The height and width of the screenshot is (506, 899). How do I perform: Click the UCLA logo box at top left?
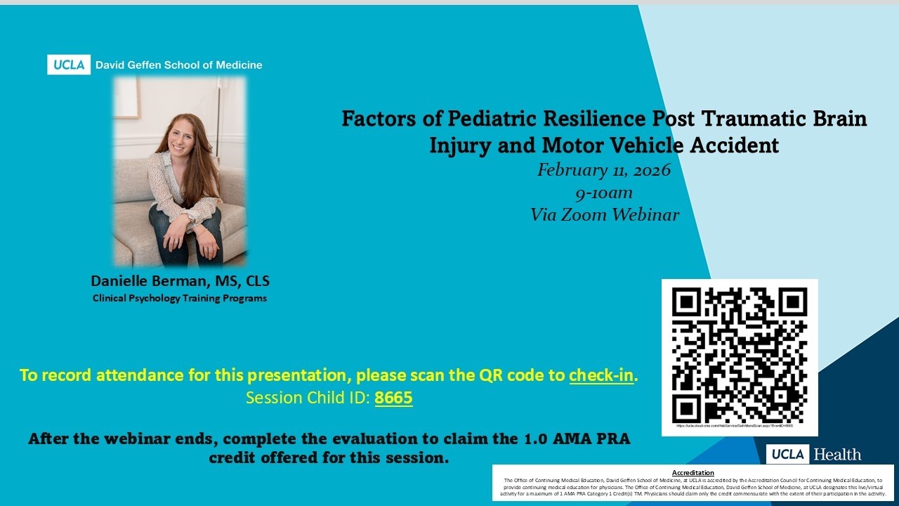[69, 65]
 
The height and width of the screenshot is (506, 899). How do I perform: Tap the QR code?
[740, 355]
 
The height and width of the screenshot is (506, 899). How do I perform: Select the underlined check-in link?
[601, 375]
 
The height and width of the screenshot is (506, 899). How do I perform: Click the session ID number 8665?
[393, 398]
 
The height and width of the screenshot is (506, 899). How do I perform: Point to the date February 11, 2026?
[604, 170]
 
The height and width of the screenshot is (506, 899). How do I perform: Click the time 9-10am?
[604, 193]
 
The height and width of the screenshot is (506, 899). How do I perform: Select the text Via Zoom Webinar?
[605, 215]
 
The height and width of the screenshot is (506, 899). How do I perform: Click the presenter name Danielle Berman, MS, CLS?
[180, 281]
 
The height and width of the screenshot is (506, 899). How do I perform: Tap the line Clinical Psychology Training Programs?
[180, 298]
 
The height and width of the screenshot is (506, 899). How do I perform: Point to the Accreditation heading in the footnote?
[693, 473]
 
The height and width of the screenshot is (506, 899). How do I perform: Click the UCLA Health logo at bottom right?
[813, 455]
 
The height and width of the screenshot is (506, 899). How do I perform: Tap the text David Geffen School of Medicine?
[178, 65]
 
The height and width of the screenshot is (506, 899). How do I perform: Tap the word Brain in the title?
[842, 118]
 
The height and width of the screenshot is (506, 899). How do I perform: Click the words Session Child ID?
[307, 398]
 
